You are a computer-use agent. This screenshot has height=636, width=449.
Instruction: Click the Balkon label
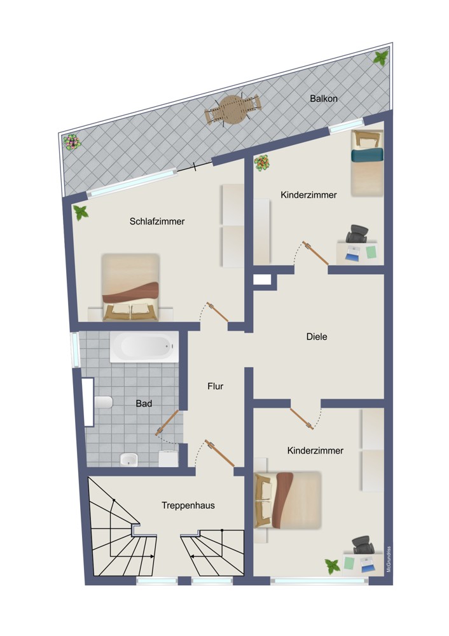pyautogui.click(x=323, y=98)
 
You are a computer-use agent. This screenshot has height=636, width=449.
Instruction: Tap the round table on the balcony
pyautogui.click(x=232, y=109)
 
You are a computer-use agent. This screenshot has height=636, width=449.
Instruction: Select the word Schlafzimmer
pyautogui.click(x=157, y=221)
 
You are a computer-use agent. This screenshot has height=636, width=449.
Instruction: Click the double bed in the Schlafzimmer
pyautogui.click(x=131, y=287)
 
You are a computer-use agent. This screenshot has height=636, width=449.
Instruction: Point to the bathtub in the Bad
pyautogui.click(x=144, y=347)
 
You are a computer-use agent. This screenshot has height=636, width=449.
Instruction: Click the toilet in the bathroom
pyautogui.click(x=103, y=403)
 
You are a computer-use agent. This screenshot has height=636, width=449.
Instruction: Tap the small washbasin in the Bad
pyautogui.click(x=128, y=460)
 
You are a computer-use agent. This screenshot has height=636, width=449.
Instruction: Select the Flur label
pyautogui.click(x=215, y=386)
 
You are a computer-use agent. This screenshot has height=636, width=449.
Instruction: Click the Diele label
pyautogui.click(x=316, y=336)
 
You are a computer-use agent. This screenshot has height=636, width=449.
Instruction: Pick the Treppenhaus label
pyautogui.click(x=188, y=506)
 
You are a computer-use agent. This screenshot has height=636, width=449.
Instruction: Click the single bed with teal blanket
pyautogui.click(x=367, y=163)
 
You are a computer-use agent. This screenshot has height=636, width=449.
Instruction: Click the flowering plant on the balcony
pyautogui.click(x=72, y=142)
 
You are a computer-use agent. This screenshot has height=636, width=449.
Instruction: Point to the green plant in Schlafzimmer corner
pyautogui.click(x=81, y=212)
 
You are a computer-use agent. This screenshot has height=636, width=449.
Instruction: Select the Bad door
pyautogui.click(x=167, y=423)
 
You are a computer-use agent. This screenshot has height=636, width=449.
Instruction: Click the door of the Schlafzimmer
pyautogui.click(x=218, y=312)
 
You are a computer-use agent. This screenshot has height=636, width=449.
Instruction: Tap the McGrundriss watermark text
pyautogui.click(x=389, y=559)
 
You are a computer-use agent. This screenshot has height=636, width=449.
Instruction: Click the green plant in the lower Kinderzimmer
pyautogui.click(x=333, y=566)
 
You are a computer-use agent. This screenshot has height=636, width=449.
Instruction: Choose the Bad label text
pyautogui.click(x=144, y=404)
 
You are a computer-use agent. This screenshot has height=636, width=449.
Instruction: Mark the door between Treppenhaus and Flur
pyautogui.click(x=219, y=453)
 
